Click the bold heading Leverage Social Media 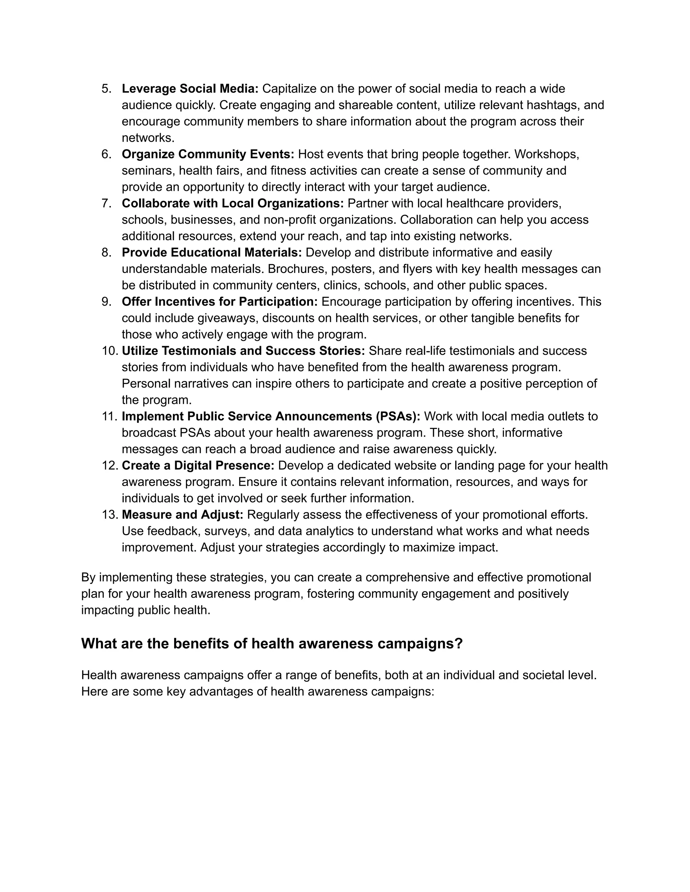pyautogui.click(x=190, y=89)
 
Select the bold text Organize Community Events pyautogui.click(x=208, y=155)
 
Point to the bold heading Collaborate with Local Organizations pyautogui.click(x=232, y=203)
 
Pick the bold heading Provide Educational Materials pyautogui.click(x=211, y=252)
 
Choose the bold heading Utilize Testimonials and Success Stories pyautogui.click(x=243, y=351)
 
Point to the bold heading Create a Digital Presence pyautogui.click(x=198, y=466)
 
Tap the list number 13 pyautogui.click(x=109, y=515)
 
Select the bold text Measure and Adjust pyautogui.click(x=182, y=515)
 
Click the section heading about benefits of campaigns pyautogui.click(x=272, y=643)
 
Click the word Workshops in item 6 pyautogui.click(x=546, y=155)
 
